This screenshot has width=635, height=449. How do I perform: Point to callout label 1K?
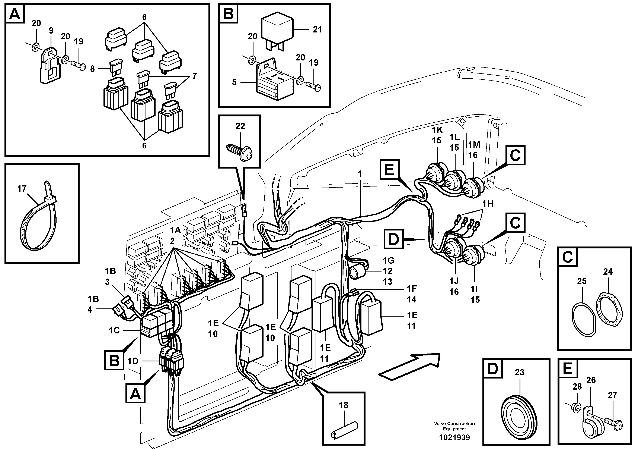(438, 130)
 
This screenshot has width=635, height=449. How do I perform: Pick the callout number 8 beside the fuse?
(92, 68)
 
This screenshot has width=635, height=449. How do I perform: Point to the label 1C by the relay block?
(114, 330)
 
